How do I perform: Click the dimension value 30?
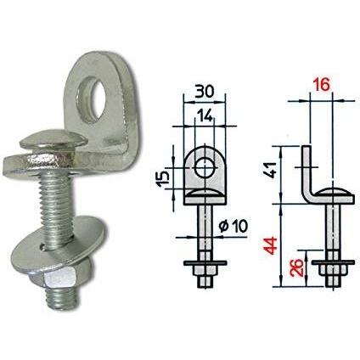(205, 92)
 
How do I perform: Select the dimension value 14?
(205, 115)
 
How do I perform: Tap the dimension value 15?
(164, 179)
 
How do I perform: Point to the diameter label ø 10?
(233, 226)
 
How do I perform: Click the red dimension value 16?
(321, 85)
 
